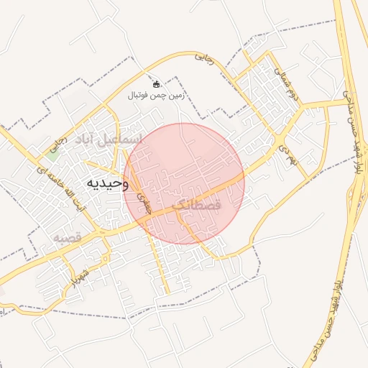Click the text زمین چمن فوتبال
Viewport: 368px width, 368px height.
(156, 95)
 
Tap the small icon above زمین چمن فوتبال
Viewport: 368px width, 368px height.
(156, 84)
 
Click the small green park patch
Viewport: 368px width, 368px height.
(52, 149)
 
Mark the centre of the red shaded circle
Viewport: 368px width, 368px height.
(184, 183)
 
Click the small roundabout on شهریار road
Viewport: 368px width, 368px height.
(106, 258)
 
